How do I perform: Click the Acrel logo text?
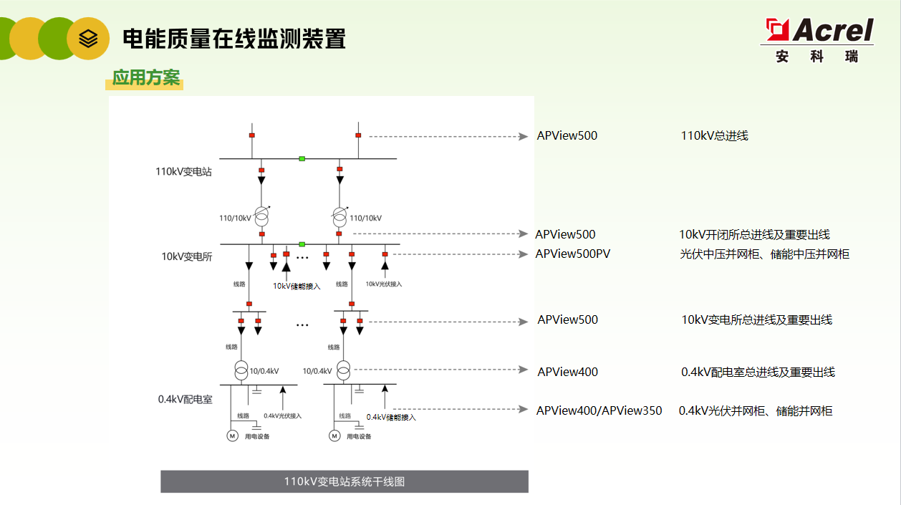click(x=833, y=30)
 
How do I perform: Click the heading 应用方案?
click(x=146, y=77)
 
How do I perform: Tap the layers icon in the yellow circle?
click(x=88, y=39)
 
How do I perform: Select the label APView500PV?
click(x=572, y=254)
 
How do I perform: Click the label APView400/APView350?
click(x=599, y=410)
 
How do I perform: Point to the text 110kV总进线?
click(x=714, y=135)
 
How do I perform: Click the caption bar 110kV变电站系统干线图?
click(x=344, y=481)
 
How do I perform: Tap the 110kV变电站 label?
click(x=183, y=171)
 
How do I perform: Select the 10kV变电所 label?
click(x=187, y=256)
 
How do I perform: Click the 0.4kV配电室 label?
click(x=185, y=399)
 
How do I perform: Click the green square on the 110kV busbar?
click(x=302, y=158)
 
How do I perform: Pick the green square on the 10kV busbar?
click(x=302, y=244)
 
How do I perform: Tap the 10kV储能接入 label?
click(x=297, y=286)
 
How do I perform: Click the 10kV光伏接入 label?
click(x=383, y=284)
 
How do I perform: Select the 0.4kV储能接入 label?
click(x=391, y=418)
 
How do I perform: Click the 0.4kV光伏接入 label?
click(x=282, y=415)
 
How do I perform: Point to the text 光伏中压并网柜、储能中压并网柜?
click(x=765, y=254)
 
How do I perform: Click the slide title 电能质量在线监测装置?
click(x=234, y=39)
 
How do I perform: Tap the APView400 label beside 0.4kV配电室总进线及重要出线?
click(x=567, y=372)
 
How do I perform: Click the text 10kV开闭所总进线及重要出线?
click(x=755, y=234)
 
